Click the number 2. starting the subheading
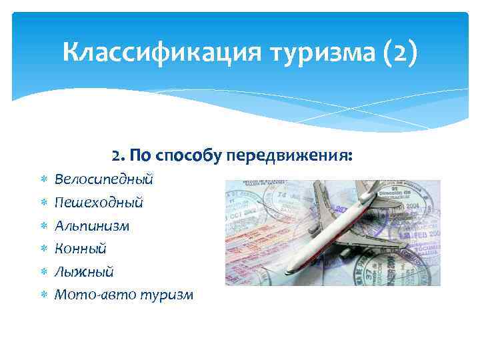click(118, 155)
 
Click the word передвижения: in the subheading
click(289, 155)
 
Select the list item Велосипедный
click(104, 179)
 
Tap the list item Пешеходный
click(99, 202)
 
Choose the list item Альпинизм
click(92, 225)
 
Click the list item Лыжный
click(84, 271)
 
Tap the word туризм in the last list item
click(166, 294)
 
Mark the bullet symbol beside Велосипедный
click(43, 180)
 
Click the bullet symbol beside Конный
click(43, 249)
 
